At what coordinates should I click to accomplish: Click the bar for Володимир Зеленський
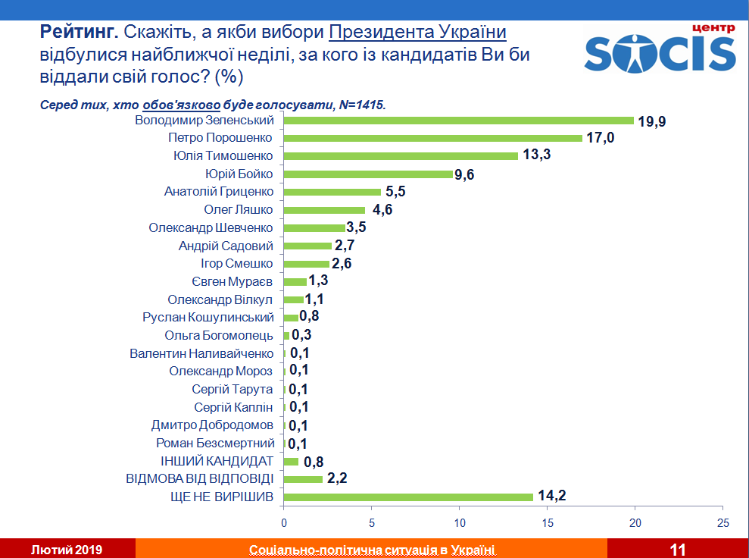(x=458, y=120)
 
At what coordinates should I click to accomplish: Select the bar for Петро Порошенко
(x=432, y=138)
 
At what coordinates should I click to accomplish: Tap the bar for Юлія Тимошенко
(x=401, y=155)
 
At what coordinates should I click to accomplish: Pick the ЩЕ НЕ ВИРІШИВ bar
(x=408, y=497)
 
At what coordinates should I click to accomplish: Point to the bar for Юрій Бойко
(x=368, y=174)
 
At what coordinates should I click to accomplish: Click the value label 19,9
(x=651, y=121)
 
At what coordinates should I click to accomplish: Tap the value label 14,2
(x=552, y=497)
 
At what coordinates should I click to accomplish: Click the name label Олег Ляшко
(x=239, y=209)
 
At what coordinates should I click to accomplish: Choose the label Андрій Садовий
(x=226, y=246)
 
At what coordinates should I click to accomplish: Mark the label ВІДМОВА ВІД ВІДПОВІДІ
(x=198, y=479)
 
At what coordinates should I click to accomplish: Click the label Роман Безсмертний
(x=214, y=443)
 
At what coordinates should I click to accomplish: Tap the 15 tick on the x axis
(x=548, y=523)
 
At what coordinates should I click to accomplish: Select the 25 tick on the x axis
(x=723, y=523)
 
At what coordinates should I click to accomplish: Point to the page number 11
(x=678, y=549)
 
